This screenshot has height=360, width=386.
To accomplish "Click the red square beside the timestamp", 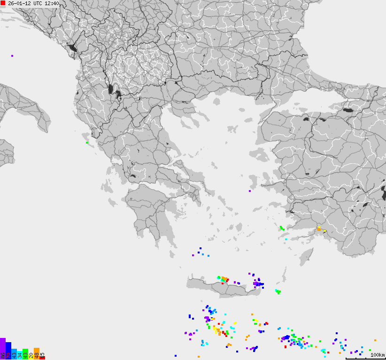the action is [3, 3].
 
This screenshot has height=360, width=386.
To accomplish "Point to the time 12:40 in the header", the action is [52, 3].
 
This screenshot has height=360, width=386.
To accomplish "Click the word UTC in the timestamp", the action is [38, 3].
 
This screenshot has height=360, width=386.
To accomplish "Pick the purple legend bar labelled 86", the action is [3, 349].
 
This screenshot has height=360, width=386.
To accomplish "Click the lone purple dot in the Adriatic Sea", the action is [12, 56].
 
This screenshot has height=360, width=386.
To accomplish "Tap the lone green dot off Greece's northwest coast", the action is [87, 142].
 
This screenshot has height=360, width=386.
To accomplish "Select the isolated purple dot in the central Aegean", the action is [250, 191].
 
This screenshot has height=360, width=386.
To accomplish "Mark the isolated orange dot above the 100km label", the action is [375, 340].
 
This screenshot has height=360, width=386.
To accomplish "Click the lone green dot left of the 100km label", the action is [370, 350].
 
